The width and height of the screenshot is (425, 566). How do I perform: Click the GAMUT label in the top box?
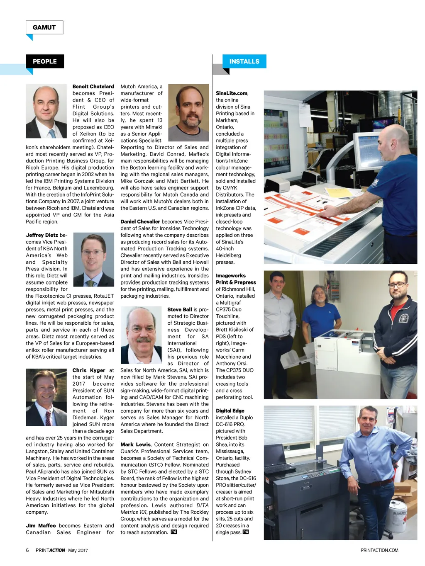point(44,27)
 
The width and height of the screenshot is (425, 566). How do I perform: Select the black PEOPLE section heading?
point(45,61)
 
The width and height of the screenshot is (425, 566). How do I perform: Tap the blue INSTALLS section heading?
point(244,61)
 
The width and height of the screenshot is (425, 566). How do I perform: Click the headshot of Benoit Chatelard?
point(46,111)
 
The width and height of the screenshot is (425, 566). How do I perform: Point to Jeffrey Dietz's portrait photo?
point(94,260)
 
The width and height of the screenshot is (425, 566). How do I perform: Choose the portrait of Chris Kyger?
point(46,397)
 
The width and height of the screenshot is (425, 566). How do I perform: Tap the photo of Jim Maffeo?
point(188,112)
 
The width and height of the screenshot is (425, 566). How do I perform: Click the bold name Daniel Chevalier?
point(140,222)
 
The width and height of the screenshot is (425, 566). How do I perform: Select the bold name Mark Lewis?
point(135,445)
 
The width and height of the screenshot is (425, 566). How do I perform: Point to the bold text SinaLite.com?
point(231,93)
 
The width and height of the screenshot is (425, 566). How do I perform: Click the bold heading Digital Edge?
point(230,411)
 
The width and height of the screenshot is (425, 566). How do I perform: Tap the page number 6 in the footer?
point(27,550)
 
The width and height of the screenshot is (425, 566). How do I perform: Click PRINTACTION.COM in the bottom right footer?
point(379,550)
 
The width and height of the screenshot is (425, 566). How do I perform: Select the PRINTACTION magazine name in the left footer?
point(50,550)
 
